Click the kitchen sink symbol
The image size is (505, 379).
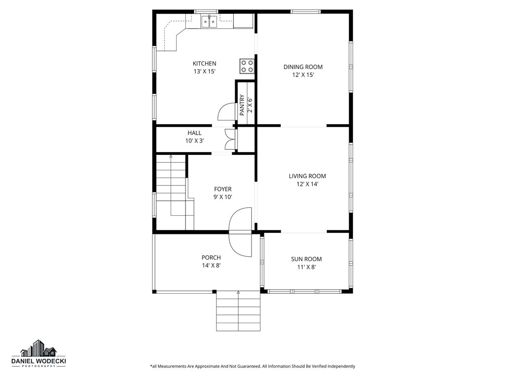coord(209,21)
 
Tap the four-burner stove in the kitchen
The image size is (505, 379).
coord(248,66)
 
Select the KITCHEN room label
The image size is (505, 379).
coord(204,64)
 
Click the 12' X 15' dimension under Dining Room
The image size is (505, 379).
coord(303,75)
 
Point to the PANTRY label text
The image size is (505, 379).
coord(242,105)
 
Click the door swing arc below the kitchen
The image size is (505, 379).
coord(226,112)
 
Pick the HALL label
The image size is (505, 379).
coord(194,133)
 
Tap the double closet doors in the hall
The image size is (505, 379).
coord(229,139)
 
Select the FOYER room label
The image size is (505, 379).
coord(222,189)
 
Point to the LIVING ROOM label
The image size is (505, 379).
coord(307,176)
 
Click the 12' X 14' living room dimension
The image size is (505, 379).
coord(307,185)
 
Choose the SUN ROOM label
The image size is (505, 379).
coord(306,259)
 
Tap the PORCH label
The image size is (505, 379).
coord(211,258)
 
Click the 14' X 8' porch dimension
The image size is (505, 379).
coord(211,265)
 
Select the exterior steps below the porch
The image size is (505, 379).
coord(238,311)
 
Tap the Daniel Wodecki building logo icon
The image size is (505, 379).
coord(38,348)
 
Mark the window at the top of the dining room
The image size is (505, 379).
coord(305,11)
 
